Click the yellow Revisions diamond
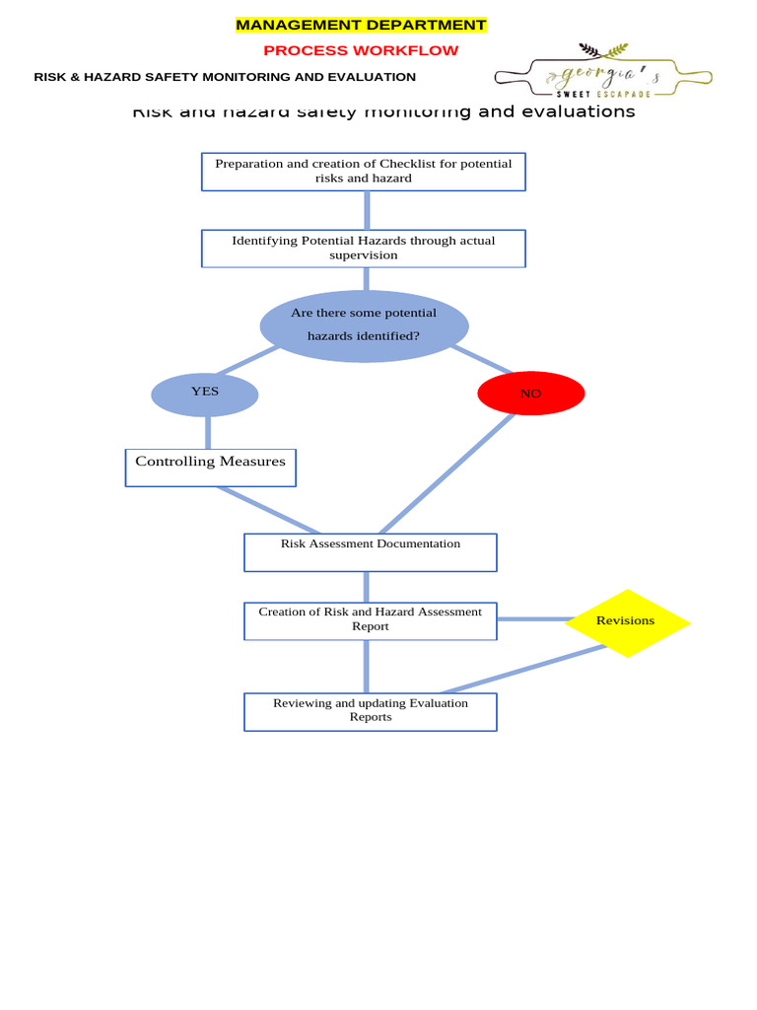tap(627, 622)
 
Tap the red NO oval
tap(530, 394)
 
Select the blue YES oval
tap(205, 395)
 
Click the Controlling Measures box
tap(210, 468)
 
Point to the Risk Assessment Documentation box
tap(370, 552)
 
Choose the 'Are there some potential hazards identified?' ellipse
tap(364, 325)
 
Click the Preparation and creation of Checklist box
tap(363, 172)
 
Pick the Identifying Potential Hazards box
tap(363, 249)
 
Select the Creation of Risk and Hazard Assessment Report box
tap(370, 620)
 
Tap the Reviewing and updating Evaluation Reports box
tap(370, 711)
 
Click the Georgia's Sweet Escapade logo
tap(602, 71)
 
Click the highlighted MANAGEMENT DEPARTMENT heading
tap(361, 26)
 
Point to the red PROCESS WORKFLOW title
tap(361, 50)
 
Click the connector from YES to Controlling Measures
tap(208, 432)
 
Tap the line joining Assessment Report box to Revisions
tap(532, 619)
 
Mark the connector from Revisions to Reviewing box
tap(522, 670)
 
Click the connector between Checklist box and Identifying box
tap(367, 210)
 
